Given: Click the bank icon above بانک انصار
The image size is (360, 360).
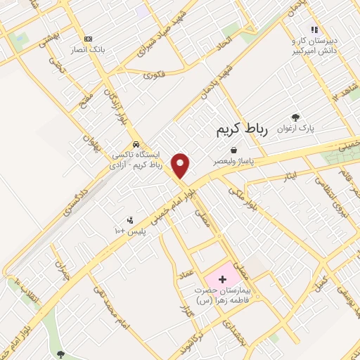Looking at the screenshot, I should tap(88, 39).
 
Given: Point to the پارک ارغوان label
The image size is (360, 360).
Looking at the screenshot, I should tap(295, 129).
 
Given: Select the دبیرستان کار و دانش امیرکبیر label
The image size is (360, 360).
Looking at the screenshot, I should tap(315, 46).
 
